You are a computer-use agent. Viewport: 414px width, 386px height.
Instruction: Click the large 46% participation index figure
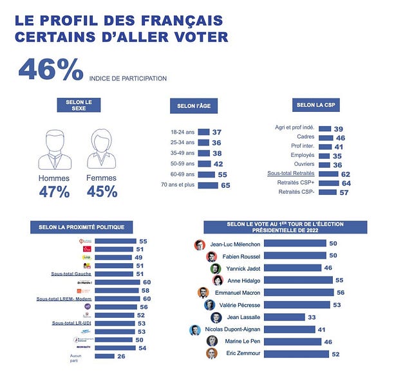click(x=51, y=70)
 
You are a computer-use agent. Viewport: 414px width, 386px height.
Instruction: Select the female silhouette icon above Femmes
click(x=101, y=149)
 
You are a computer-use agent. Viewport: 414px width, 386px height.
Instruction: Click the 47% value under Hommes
click(x=54, y=192)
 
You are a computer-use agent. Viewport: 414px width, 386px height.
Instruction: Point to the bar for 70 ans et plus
click(x=208, y=185)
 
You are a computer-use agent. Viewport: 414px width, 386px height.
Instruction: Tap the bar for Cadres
click(x=326, y=137)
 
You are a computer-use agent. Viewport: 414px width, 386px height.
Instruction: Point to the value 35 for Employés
click(x=338, y=156)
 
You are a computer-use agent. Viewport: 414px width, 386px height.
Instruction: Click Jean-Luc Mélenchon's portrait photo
click(x=200, y=244)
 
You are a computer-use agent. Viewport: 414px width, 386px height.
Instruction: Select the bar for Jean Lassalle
click(x=284, y=317)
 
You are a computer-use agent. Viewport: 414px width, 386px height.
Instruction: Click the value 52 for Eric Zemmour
click(x=334, y=354)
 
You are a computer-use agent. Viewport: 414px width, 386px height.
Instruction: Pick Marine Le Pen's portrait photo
click(x=212, y=342)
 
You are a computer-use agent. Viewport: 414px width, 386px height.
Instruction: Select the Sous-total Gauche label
click(x=71, y=273)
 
